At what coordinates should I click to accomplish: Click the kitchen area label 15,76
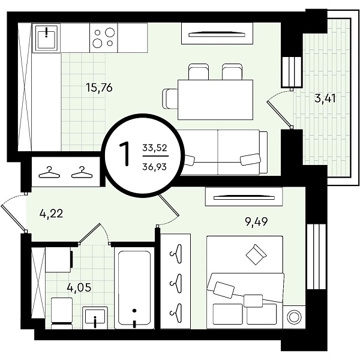99,88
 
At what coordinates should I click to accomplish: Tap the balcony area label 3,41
325,98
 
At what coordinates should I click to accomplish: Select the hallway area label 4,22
51,214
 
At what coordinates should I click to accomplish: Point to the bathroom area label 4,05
79,287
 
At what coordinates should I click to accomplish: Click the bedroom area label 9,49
256,222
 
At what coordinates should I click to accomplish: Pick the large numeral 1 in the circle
125,154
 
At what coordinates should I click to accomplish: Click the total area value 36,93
155,167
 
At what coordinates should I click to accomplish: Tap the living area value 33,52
155,148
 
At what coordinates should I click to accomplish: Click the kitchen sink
46,38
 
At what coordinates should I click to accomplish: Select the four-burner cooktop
104,38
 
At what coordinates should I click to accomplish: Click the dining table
215,100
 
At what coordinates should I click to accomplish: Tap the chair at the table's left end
170,99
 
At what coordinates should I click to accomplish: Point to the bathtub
134,288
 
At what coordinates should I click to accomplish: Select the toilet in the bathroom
62,313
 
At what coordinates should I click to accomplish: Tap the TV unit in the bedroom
244,197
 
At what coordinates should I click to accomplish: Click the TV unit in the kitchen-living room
217,33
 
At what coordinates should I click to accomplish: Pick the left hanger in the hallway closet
49,173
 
